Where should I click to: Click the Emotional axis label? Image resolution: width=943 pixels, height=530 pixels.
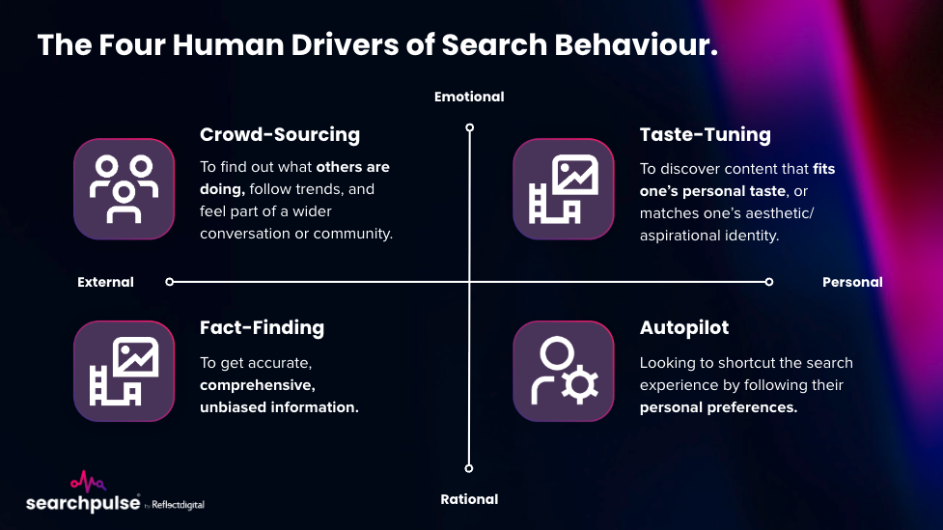tap(469, 97)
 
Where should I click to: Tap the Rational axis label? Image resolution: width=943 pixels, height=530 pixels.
tap(469, 499)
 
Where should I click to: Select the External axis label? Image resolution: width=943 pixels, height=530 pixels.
tap(105, 282)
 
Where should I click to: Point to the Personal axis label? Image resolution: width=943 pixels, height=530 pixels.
tap(852, 282)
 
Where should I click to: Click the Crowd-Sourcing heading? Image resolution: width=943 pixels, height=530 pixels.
tap(279, 134)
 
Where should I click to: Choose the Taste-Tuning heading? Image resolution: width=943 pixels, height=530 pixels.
tap(705, 134)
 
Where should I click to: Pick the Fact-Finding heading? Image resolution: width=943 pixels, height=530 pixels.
tap(262, 327)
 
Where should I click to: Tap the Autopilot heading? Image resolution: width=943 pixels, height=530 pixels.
tap(684, 327)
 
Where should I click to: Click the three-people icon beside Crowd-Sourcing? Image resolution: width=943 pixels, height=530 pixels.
tap(124, 188)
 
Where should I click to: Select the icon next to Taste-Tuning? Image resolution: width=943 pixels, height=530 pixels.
tap(563, 188)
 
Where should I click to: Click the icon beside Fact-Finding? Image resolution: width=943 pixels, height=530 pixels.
tap(124, 371)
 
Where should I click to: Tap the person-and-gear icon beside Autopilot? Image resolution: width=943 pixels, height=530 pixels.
tap(563, 371)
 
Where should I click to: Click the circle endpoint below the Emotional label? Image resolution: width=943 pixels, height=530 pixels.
tap(469, 126)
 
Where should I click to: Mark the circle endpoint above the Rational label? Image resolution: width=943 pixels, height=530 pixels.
tap(469, 468)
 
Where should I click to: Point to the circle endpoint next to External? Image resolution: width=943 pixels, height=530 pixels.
tap(170, 282)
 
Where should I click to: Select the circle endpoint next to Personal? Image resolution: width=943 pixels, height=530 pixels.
tap(769, 282)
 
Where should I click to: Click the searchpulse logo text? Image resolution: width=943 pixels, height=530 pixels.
tap(82, 503)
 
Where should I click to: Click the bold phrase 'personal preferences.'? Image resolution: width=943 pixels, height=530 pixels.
tap(718, 407)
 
